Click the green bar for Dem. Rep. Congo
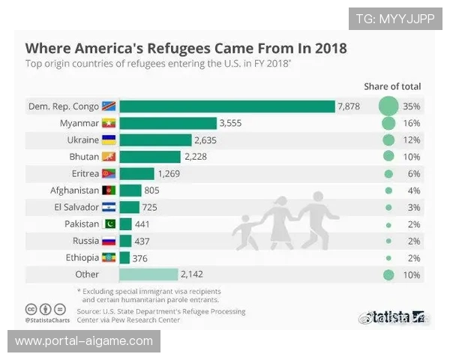(x=226, y=106)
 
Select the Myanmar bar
(x=167, y=123)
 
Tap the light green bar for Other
(x=148, y=274)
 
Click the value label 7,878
(x=349, y=106)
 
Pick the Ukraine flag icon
(x=109, y=140)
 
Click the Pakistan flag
(x=109, y=224)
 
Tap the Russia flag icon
(x=109, y=241)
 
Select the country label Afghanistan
(x=74, y=190)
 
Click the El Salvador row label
(x=74, y=207)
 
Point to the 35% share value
(x=411, y=106)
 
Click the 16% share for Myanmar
(x=411, y=123)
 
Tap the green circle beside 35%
(x=388, y=106)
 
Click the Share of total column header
(x=392, y=86)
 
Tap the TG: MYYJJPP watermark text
(x=394, y=19)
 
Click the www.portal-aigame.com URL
(x=84, y=341)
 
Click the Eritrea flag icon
(x=109, y=174)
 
